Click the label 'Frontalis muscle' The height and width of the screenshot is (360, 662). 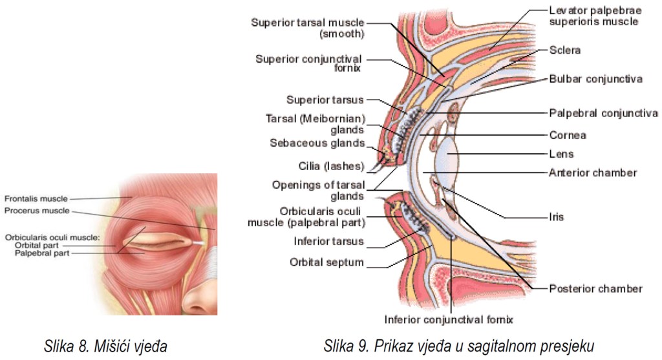[36, 198]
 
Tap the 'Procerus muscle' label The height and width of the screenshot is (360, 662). [36, 211]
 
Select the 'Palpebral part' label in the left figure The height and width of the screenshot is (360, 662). [41, 253]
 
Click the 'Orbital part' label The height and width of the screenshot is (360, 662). [37, 246]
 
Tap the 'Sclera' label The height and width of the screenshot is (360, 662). [565, 50]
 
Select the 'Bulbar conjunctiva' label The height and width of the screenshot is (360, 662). [595, 79]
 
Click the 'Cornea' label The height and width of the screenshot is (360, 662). [568, 136]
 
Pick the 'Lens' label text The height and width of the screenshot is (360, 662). [561, 154]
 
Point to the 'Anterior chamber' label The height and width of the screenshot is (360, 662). [593, 173]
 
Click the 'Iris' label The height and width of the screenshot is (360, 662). [556, 217]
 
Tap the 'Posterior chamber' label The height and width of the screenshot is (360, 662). [595, 288]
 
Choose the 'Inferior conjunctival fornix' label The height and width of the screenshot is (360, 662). [448, 319]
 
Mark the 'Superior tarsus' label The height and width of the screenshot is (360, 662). [325, 100]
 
